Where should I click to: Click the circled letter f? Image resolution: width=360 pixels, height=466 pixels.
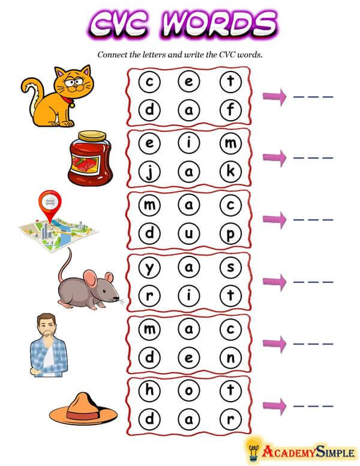pos(230,110)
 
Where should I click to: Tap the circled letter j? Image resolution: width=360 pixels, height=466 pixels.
pos(149,172)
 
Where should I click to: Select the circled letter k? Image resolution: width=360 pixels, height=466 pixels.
pos(230,172)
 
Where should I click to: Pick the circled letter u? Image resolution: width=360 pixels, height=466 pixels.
pos(189,234)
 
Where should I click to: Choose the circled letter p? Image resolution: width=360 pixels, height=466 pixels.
pos(230,234)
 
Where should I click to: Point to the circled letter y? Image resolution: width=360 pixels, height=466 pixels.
pos(149,267)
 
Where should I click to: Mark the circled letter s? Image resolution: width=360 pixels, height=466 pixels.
pos(230,267)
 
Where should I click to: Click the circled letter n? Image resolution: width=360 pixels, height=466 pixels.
pos(230,357)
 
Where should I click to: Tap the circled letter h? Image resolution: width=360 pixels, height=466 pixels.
pos(149,390)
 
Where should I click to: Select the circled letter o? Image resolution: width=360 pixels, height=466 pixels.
pos(189,390)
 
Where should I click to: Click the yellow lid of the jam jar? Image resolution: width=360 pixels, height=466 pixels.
pos(92,136)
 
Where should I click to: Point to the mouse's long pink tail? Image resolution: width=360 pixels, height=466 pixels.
pos(65,264)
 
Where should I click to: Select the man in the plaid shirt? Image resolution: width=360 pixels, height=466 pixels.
pos(49,345)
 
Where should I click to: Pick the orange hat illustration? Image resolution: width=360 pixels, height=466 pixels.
pos(83,408)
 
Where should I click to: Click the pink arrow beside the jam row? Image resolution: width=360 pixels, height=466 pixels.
pos(274,157)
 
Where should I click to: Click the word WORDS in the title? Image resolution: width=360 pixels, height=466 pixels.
pos(219,25)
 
